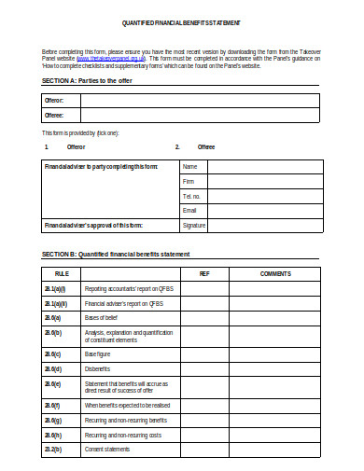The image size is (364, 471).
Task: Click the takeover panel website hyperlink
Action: point(113,55)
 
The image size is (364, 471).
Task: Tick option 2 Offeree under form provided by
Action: point(205,146)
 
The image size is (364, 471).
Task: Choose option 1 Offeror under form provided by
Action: point(76,146)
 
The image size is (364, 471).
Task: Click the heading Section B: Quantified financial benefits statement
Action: point(116,254)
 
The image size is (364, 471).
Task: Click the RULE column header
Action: point(61,273)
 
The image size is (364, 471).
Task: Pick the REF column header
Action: point(204,273)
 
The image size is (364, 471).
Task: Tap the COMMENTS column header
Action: point(275,273)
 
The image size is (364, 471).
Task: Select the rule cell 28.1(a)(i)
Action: point(56,289)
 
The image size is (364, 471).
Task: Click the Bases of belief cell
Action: point(105,319)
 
